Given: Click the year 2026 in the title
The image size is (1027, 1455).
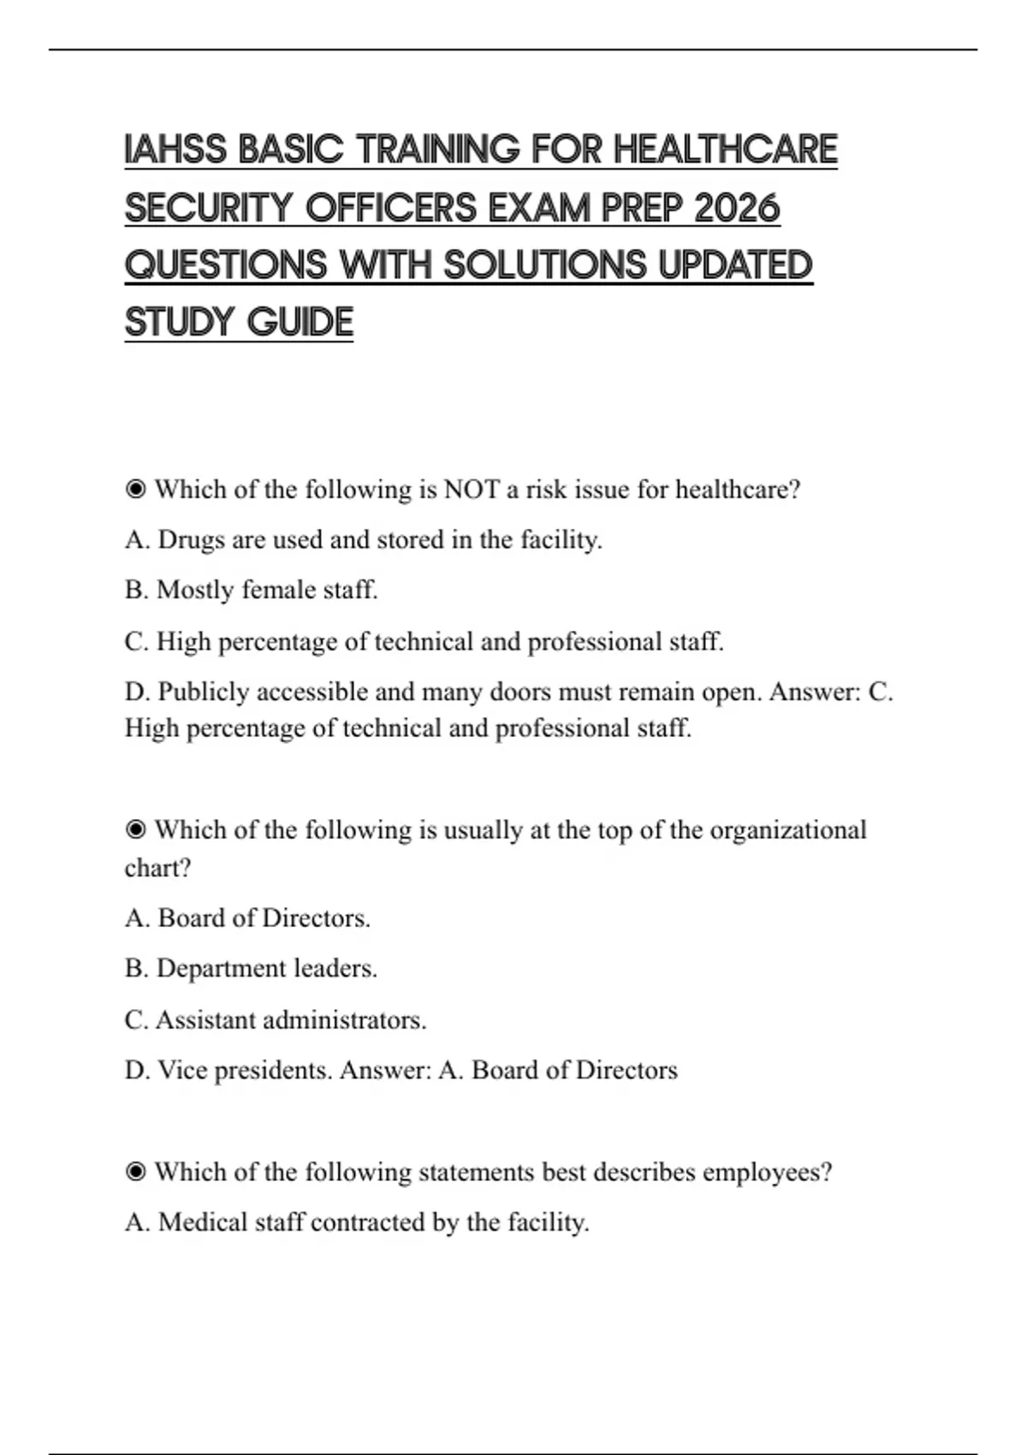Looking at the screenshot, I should (737, 208).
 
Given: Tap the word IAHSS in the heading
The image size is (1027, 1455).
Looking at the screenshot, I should (175, 150).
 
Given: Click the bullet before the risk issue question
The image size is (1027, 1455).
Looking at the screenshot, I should (135, 490).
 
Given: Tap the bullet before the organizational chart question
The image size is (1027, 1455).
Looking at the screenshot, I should (135, 830).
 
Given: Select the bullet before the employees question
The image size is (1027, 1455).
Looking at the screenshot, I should (135, 1172).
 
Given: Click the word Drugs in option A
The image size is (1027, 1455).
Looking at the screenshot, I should (191, 540).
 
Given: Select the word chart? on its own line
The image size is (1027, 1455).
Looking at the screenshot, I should (157, 868).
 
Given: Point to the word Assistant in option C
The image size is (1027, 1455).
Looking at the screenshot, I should (205, 1020).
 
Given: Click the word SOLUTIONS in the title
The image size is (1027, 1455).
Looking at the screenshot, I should (544, 265).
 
